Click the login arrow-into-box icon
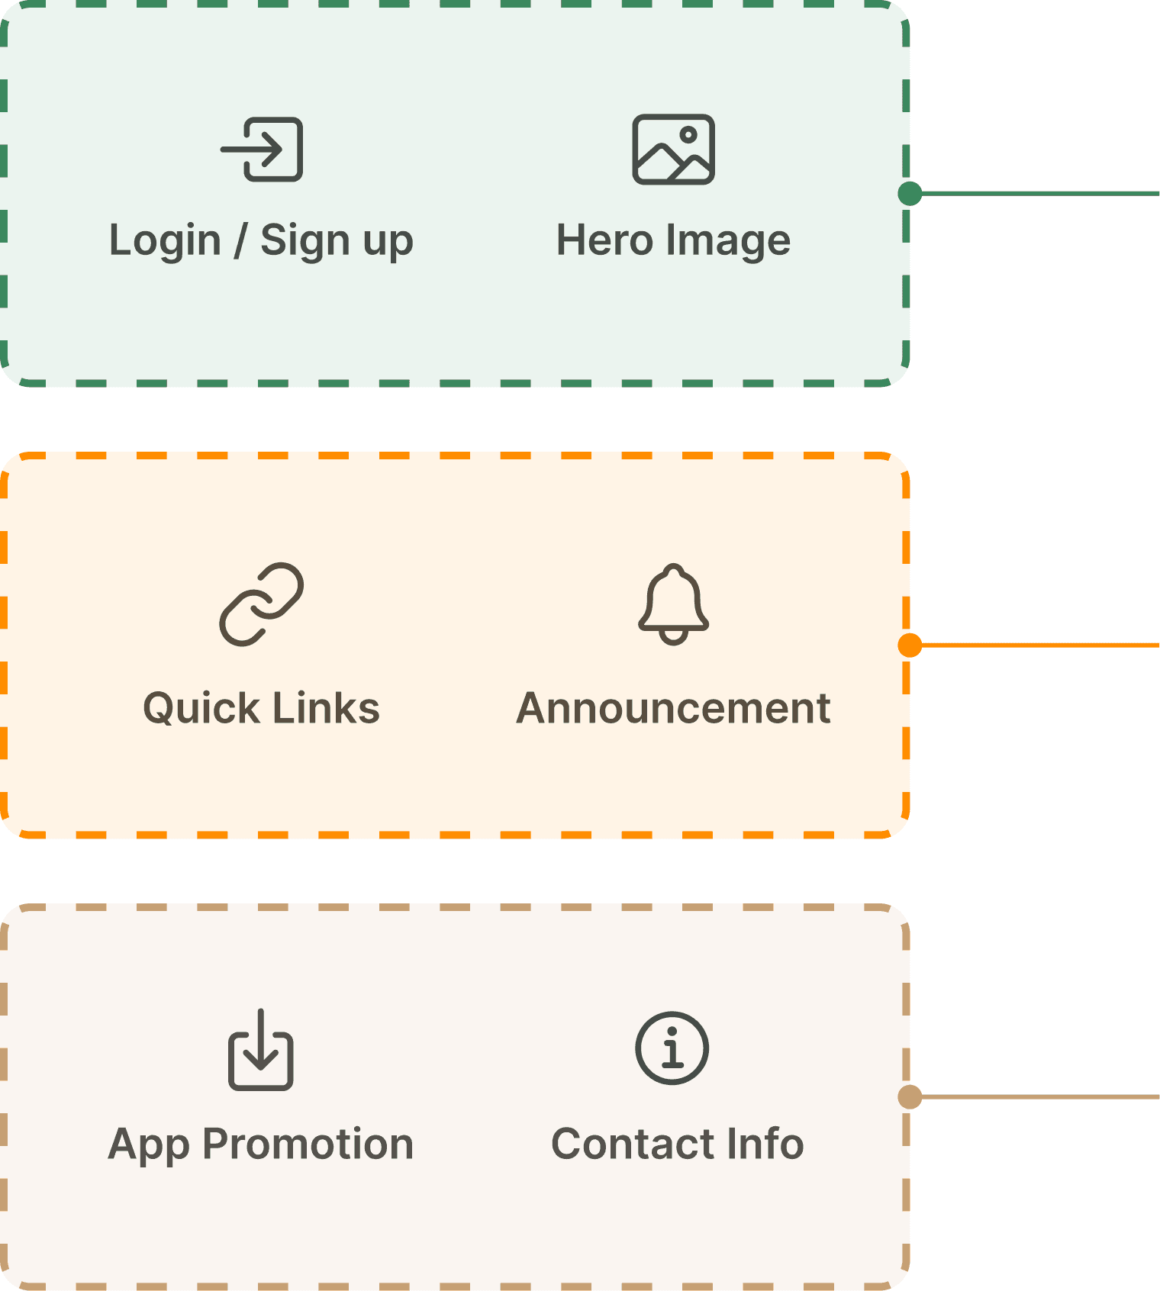(263, 150)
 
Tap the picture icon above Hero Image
(673, 150)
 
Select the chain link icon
(262, 604)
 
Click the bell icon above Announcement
(673, 604)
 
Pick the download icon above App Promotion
(261, 1050)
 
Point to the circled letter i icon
(672, 1048)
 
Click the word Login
(165, 241)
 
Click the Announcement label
(673, 708)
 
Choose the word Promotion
(308, 1144)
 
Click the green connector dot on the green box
(910, 194)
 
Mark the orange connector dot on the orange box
(911, 645)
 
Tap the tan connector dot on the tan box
(910, 1097)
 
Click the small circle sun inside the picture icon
(688, 135)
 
